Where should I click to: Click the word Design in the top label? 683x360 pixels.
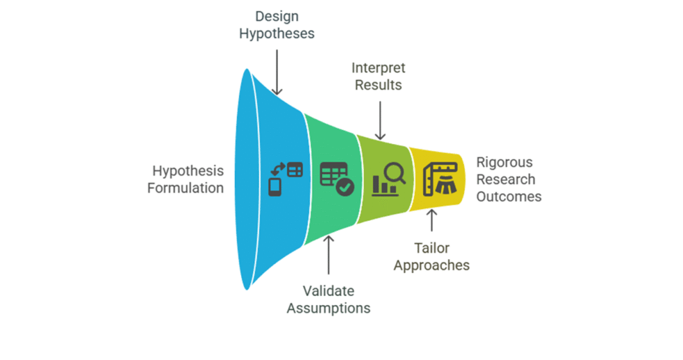pyautogui.click(x=277, y=17)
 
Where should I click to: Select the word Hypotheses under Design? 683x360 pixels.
pyautogui.click(x=277, y=33)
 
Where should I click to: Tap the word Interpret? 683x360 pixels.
pyautogui.click(x=378, y=68)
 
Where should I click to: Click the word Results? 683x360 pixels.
pyautogui.click(x=378, y=85)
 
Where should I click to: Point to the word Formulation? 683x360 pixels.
pyautogui.click(x=185, y=188)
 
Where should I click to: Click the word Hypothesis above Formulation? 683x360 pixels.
pyautogui.click(x=188, y=171)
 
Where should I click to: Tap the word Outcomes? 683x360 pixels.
pyautogui.click(x=509, y=196)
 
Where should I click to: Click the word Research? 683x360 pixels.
pyautogui.click(x=506, y=180)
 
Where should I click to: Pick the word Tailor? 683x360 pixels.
pyautogui.click(x=432, y=249)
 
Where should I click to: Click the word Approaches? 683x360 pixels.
pyautogui.click(x=432, y=265)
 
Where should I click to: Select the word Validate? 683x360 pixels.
pyautogui.click(x=328, y=290)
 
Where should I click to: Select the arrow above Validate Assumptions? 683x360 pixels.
pyautogui.click(x=329, y=255)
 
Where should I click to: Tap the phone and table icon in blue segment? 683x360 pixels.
pyautogui.click(x=285, y=178)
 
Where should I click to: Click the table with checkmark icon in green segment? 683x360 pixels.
pyautogui.click(x=337, y=178)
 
